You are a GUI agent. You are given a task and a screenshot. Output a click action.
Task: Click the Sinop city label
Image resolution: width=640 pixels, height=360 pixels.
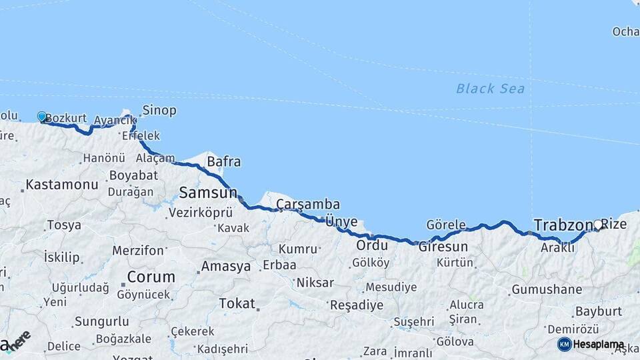(159, 110)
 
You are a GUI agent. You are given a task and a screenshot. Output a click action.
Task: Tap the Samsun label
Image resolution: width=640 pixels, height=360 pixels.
(207, 193)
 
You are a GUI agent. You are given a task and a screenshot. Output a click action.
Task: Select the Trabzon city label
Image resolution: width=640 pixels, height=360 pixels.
(563, 225)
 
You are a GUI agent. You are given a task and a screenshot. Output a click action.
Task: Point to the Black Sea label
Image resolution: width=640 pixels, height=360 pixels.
(490, 88)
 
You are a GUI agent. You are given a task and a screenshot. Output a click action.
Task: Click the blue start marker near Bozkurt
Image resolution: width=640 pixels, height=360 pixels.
(42, 117)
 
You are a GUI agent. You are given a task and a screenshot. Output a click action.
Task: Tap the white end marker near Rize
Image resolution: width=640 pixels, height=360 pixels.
(597, 225)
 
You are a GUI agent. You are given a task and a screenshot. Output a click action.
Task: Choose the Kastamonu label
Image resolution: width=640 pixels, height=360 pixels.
(62, 184)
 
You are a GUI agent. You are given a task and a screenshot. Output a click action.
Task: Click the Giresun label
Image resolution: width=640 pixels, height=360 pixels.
(443, 246)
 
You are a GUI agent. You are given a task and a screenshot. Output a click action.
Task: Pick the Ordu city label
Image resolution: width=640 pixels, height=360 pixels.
(371, 245)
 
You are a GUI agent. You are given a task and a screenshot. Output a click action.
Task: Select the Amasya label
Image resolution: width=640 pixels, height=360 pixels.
(226, 266)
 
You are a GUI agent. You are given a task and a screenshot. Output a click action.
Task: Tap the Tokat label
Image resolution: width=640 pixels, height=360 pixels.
(237, 303)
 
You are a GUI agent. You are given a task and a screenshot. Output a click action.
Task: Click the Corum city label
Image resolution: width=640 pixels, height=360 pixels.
(151, 276)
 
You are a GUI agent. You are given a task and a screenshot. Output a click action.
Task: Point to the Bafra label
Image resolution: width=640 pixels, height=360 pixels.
(224, 161)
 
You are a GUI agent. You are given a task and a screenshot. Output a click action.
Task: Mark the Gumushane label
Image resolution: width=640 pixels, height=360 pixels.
(547, 289)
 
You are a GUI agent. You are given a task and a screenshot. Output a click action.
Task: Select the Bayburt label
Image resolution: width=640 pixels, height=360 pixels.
(598, 311)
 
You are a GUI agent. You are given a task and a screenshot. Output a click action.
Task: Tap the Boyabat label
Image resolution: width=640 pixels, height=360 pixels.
(136, 175)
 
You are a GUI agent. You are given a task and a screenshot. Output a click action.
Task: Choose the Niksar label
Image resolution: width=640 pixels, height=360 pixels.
(315, 282)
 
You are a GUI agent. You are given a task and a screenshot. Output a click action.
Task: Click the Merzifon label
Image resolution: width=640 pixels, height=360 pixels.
(138, 251)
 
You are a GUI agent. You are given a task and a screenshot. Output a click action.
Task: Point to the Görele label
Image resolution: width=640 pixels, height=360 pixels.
(446, 225)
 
